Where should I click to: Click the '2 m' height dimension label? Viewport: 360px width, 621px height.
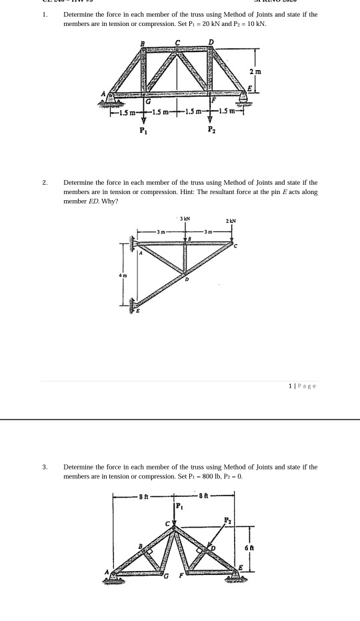click(255, 71)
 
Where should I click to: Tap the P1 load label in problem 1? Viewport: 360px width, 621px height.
click(141, 130)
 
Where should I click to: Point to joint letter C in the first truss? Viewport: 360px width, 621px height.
click(177, 43)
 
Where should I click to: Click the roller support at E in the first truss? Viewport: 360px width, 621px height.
click(244, 97)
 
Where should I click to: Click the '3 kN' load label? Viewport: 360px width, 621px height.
click(185, 218)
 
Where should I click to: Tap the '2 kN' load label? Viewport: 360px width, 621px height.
click(231, 221)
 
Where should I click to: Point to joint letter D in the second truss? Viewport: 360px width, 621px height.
click(187, 279)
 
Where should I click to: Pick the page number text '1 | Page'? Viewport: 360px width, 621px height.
click(303, 386)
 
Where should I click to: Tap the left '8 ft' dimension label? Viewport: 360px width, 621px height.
click(144, 496)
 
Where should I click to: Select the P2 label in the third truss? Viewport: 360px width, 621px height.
click(227, 520)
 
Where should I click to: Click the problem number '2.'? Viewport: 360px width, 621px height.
click(45, 182)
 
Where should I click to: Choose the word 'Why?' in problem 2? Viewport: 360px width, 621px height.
click(110, 201)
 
